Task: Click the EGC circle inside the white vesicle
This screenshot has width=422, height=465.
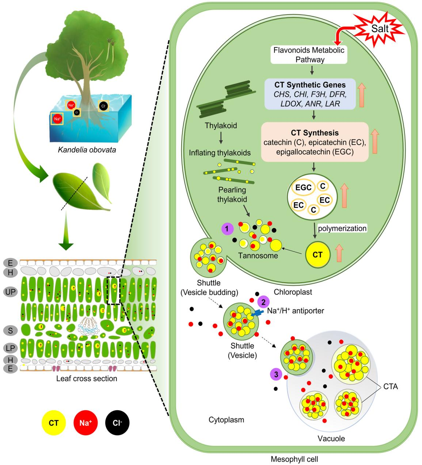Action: pos(304,188)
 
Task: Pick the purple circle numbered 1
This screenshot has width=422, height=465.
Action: pos(227,229)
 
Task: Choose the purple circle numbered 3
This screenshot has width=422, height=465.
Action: pos(275,374)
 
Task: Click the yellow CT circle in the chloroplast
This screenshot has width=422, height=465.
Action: pos(317,254)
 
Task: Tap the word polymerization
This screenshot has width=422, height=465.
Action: pos(342,228)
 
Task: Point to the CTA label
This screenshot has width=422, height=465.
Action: pos(390,387)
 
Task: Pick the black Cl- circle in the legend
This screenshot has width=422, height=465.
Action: pos(117,423)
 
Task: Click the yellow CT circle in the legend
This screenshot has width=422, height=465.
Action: pos(54,423)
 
